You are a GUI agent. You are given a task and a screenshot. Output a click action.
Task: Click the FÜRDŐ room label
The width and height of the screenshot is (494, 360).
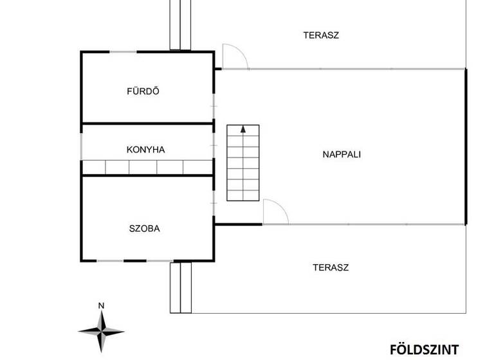tap(143, 91)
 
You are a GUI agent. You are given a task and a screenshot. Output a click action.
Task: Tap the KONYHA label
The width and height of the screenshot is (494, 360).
tap(145, 150)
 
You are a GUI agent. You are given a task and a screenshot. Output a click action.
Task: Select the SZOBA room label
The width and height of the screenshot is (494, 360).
tap(144, 228)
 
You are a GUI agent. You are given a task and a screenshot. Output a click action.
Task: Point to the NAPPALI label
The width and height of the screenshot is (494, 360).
tap(341, 154)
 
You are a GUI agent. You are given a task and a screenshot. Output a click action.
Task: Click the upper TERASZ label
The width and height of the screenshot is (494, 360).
tap(321, 35)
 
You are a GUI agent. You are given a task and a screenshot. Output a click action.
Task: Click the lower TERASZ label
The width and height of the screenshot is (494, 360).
tap(331, 267)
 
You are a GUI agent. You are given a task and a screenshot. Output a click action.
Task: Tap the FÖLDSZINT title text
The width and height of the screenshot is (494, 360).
tap(424, 350)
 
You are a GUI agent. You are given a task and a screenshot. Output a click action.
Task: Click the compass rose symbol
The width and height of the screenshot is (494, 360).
tap(101, 330)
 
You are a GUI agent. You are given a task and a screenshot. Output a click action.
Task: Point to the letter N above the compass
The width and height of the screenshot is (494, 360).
tap(101, 305)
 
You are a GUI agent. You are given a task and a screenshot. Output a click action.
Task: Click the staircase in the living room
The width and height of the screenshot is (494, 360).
tap(243, 163)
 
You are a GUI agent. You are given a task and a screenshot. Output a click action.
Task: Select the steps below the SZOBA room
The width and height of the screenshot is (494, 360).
tap(181, 287)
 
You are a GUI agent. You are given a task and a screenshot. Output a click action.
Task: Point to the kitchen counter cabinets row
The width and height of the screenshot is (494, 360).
tap(147, 168)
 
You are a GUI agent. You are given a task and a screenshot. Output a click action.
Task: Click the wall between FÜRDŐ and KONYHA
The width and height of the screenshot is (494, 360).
tap(147, 123)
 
